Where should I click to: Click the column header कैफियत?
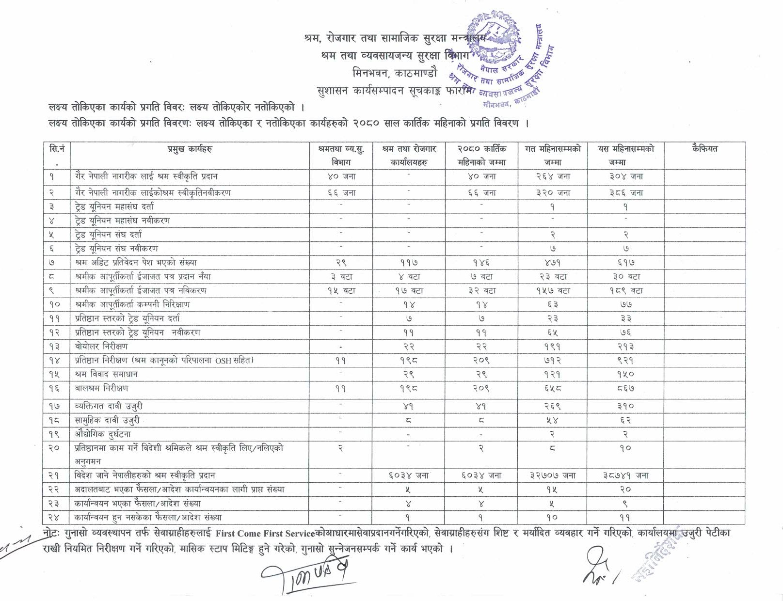(x=704, y=149)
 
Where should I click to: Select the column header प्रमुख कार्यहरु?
(x=190, y=149)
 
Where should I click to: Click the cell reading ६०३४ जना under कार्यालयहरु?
(x=408, y=475)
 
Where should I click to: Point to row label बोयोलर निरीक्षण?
(x=101, y=346)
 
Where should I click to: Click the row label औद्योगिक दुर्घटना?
(x=103, y=434)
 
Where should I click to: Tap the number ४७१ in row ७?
(x=552, y=262)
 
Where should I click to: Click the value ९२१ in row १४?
(x=625, y=360)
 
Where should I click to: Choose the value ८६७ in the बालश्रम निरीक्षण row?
(x=625, y=388)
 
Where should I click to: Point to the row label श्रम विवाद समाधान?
(x=106, y=374)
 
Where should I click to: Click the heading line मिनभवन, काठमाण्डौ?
(x=395, y=74)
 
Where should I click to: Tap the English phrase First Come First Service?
(x=265, y=534)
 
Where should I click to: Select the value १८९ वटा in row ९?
(x=625, y=290)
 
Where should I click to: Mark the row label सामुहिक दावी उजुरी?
(x=108, y=420)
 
